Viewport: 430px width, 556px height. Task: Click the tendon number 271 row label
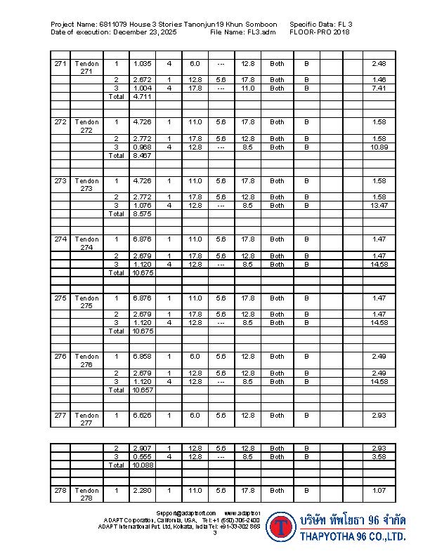(60, 64)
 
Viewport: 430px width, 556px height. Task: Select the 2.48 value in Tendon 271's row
(379, 64)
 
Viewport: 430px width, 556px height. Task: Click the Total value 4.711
(142, 97)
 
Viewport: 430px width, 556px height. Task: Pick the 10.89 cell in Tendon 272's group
(379, 147)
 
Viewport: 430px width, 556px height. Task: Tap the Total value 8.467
(142, 156)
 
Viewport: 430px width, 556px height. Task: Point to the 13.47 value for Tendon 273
(379, 206)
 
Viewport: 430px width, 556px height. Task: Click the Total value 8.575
(142, 214)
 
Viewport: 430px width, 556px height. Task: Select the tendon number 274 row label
(60, 239)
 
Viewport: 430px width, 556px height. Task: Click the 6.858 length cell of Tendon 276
(142, 357)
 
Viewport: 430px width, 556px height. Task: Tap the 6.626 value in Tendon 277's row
(142, 416)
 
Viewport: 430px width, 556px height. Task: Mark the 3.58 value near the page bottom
(379, 456)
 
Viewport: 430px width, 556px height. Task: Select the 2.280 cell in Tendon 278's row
(142, 491)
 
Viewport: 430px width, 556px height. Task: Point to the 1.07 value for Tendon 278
(379, 491)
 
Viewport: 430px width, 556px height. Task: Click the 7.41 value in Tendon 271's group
(379, 88)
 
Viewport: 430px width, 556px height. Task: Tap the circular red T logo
(282, 527)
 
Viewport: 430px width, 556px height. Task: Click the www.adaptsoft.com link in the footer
(242, 514)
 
